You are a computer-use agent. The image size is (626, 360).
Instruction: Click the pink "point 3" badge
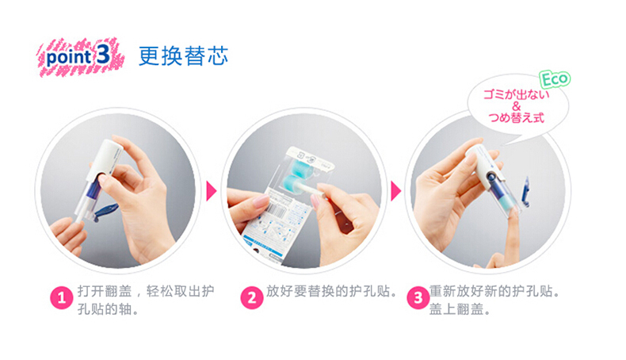point(81,57)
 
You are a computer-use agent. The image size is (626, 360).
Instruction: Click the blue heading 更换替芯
point(183,56)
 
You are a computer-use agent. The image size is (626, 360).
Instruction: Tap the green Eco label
point(555,79)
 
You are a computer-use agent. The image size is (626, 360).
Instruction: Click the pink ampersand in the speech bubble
point(516,106)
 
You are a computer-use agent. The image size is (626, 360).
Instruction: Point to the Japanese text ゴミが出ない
point(516,94)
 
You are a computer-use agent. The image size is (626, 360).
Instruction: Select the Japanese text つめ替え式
point(516,117)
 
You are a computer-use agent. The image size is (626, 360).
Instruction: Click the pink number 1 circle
point(62,297)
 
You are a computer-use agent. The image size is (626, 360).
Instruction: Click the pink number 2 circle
point(251,297)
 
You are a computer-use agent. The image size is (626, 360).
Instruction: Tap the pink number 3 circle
point(418,297)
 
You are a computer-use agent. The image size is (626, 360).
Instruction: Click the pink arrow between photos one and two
point(211,191)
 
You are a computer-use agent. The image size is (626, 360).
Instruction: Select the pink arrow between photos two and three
point(395,191)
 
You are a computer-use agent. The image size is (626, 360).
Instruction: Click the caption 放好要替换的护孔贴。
point(332,291)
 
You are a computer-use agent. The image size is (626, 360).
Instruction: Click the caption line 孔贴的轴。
point(109,309)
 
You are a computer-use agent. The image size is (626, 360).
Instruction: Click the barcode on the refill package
point(277,209)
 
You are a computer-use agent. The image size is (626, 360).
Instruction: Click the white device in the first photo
point(97,177)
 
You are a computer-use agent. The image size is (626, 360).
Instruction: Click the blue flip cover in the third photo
point(526,192)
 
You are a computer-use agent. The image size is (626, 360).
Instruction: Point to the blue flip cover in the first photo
point(105,211)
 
